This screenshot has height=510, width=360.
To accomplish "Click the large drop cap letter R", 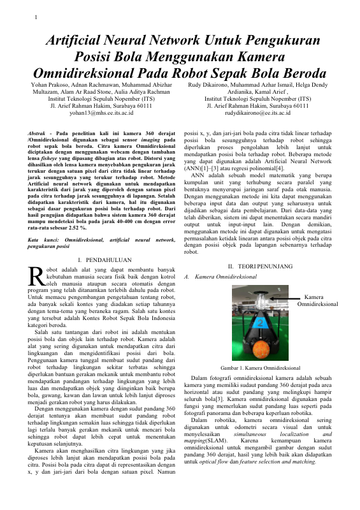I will pyautogui.click(x=35, y=276).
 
